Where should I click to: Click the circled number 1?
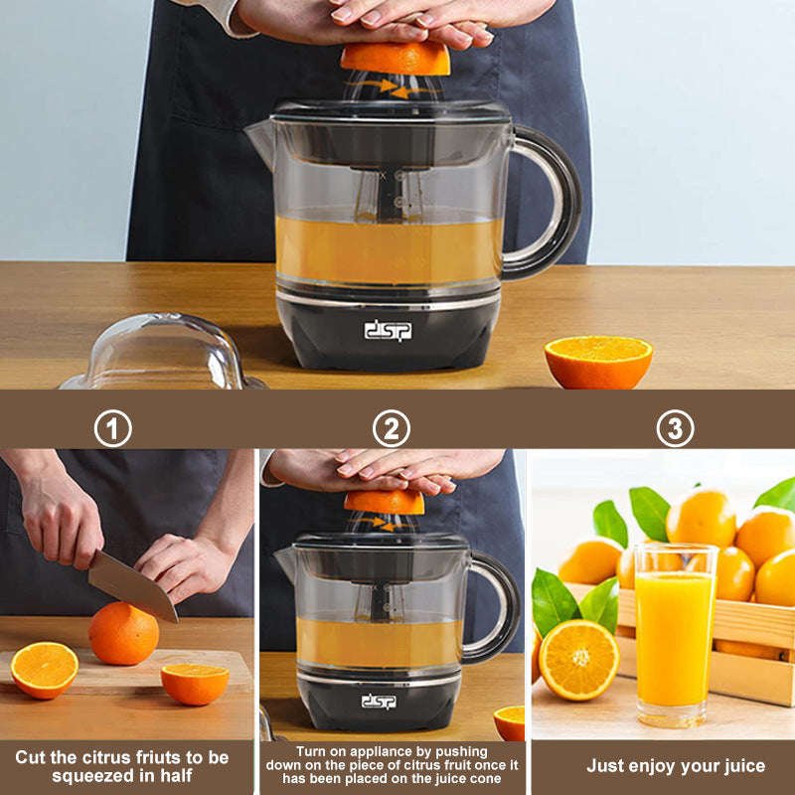[x=113, y=428]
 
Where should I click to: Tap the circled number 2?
[x=391, y=428]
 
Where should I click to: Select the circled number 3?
[x=675, y=428]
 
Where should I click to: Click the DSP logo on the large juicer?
[x=388, y=330]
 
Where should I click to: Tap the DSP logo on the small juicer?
[x=379, y=702]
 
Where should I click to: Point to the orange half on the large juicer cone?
[x=396, y=58]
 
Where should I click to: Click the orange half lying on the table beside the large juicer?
[x=598, y=361]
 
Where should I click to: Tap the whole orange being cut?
[x=122, y=634]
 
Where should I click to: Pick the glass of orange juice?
[x=675, y=636]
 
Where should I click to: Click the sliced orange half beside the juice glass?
[x=578, y=659]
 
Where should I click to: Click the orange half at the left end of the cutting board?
[x=44, y=669]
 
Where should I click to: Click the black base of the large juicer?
[x=388, y=333]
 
